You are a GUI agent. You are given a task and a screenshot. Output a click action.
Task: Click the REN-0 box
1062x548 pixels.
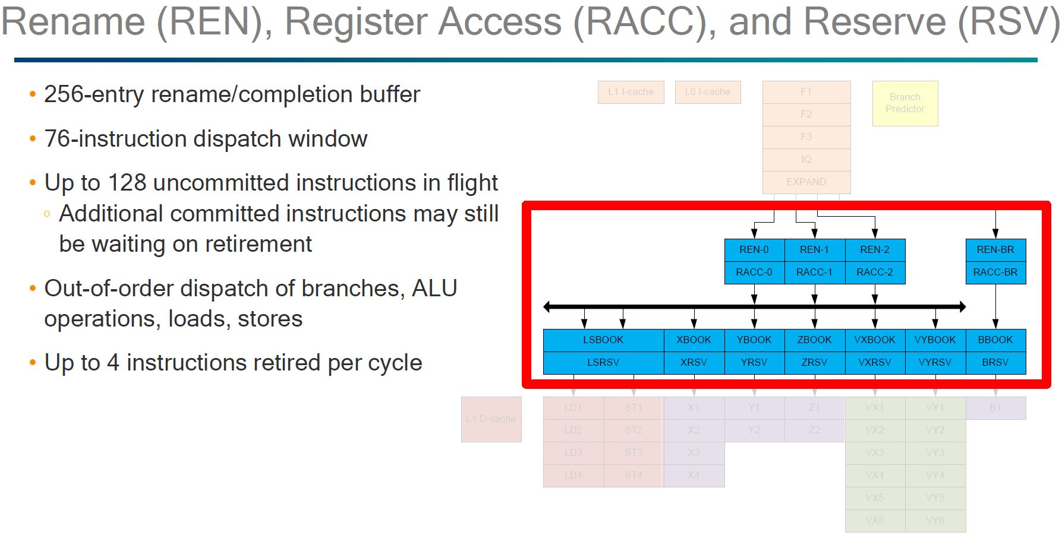point(754,250)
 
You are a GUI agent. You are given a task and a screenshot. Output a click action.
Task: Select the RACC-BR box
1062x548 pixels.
point(995,273)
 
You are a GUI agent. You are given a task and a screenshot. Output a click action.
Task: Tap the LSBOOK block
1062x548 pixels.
point(603,340)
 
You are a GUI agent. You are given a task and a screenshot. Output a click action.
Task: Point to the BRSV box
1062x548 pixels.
point(995,362)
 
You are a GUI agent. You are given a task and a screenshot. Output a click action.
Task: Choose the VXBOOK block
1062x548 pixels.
point(875,340)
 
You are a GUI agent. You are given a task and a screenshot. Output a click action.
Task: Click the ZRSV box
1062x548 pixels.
point(814,362)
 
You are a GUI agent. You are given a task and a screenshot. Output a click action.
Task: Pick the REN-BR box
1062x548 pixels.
point(995,250)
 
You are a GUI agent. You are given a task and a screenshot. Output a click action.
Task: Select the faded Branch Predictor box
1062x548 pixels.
point(905,103)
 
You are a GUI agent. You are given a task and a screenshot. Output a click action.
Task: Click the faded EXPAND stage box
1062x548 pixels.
point(806,182)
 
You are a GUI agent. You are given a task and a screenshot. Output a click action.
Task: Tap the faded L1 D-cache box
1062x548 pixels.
point(491,419)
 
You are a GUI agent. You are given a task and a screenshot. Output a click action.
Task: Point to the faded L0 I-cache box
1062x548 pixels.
point(708,92)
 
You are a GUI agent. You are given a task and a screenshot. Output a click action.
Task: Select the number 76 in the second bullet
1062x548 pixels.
point(58,139)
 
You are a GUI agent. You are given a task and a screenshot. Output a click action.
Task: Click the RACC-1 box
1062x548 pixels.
point(814,273)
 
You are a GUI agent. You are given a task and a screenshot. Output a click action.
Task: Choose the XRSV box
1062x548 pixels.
point(694,362)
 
